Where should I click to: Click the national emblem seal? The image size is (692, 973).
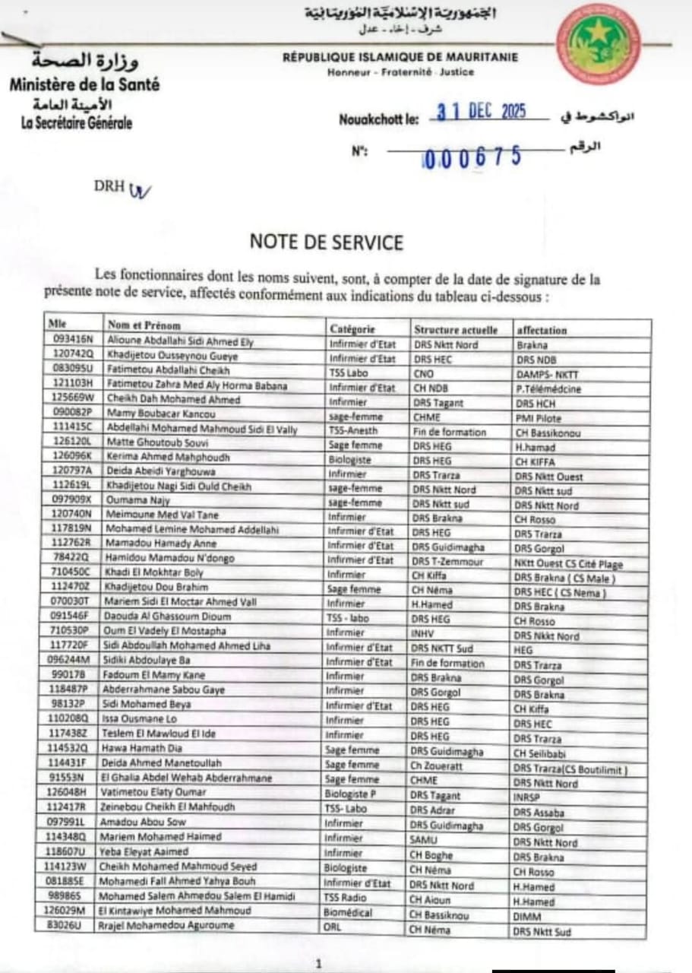pyautogui.click(x=598, y=43)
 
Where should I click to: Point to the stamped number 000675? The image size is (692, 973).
pyautogui.click(x=472, y=157)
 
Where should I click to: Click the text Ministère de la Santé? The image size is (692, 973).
pyautogui.click(x=84, y=84)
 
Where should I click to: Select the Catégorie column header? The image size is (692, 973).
pyautogui.click(x=352, y=329)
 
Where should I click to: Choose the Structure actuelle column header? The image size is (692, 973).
pyautogui.click(x=455, y=330)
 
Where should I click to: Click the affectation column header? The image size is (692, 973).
pyautogui.click(x=542, y=331)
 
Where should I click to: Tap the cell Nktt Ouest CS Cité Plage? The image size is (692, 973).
pyautogui.click(x=568, y=564)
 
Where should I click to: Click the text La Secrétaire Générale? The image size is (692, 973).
pyautogui.click(x=77, y=122)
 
